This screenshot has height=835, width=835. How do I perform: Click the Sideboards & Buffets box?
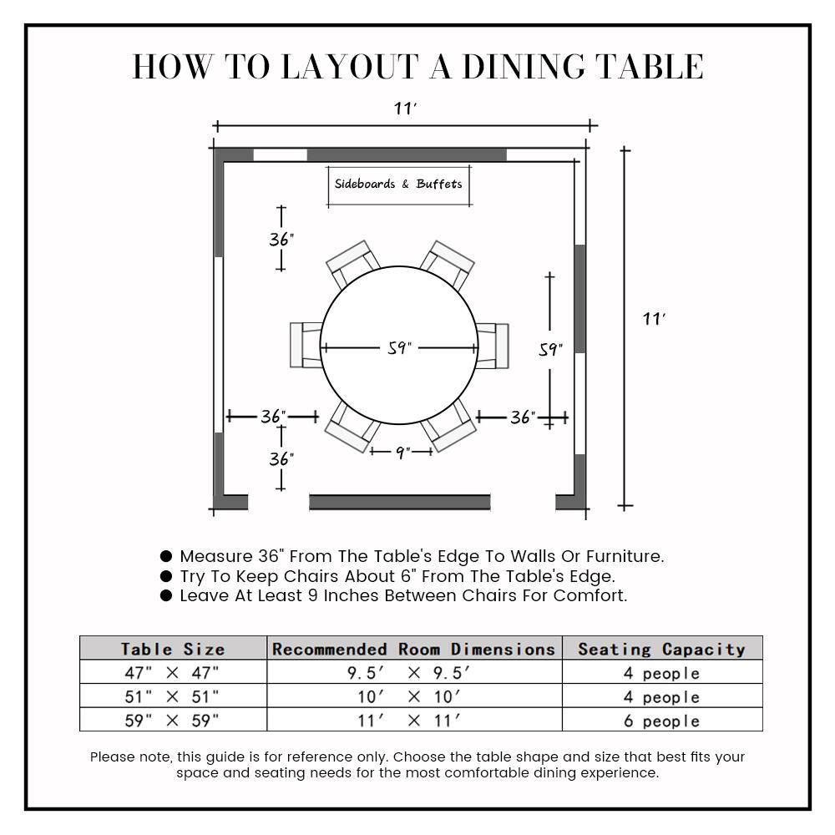tap(397, 185)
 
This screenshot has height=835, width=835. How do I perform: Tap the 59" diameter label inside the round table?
tap(400, 348)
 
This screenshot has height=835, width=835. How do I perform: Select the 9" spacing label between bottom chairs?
tap(402, 453)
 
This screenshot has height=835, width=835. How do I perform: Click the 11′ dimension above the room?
tap(406, 109)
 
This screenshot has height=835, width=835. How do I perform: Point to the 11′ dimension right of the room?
tap(654, 319)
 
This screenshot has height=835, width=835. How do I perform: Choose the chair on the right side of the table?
tap(493, 346)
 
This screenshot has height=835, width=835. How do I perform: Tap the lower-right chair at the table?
tap(449, 428)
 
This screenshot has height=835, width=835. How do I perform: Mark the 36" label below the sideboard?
tap(281, 240)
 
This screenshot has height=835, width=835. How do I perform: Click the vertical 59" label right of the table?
tap(550, 350)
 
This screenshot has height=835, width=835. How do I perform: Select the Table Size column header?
tap(173, 649)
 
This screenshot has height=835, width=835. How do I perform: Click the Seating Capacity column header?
tap(661, 649)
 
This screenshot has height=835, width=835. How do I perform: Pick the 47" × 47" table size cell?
tap(173, 673)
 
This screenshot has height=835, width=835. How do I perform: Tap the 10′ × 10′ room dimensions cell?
tap(414, 697)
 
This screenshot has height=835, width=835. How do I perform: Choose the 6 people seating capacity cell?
tap(661, 721)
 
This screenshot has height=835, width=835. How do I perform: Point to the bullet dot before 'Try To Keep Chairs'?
tap(166, 576)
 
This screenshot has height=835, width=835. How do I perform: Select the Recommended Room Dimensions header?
tap(414, 649)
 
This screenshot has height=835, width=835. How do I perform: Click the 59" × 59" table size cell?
tap(173, 721)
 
